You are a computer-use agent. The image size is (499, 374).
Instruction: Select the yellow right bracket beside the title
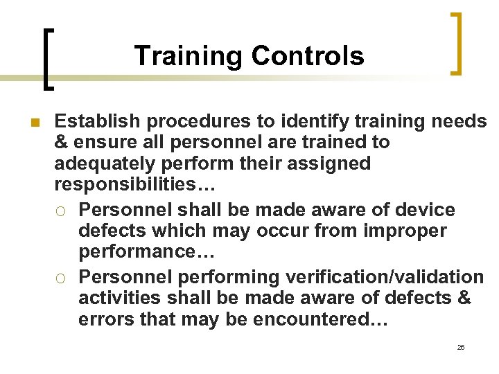[455, 43]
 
